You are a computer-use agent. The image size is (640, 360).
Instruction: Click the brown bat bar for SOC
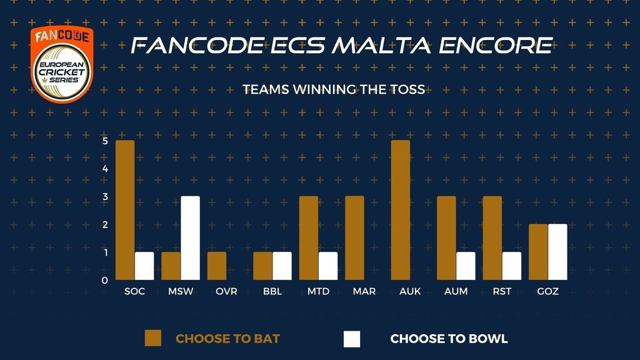tap(125, 210)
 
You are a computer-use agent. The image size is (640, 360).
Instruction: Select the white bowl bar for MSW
tap(190, 238)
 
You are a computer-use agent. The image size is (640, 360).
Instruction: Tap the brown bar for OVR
tap(217, 266)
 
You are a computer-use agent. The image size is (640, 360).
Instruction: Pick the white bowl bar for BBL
tap(282, 266)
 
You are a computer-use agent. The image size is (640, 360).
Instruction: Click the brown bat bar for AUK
tap(401, 210)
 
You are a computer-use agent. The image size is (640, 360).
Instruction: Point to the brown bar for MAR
tap(355, 238)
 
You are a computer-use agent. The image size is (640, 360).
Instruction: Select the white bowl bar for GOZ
tap(557, 252)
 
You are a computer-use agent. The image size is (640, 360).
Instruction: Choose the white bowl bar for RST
tap(512, 266)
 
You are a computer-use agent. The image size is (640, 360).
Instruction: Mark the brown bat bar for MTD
tap(309, 238)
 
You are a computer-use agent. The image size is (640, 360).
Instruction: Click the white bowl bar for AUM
tap(466, 266)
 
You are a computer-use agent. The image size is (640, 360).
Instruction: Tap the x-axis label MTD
tap(318, 291)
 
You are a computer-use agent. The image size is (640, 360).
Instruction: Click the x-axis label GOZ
tap(547, 291)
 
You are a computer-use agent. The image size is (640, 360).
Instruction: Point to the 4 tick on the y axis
tap(105, 169)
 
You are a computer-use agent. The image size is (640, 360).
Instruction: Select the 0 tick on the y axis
tap(105, 281)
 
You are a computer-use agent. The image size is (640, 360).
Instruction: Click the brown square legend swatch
tap(153, 338)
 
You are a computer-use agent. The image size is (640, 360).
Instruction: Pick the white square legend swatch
tap(352, 339)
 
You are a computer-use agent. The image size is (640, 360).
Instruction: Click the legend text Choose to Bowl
tap(449, 339)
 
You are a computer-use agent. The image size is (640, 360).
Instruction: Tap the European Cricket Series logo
tap(62, 64)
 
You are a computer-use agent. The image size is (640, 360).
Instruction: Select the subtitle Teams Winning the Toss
tap(334, 89)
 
